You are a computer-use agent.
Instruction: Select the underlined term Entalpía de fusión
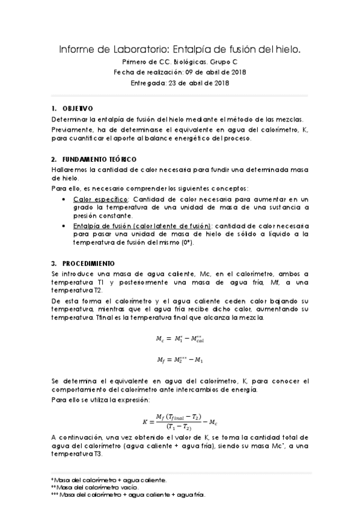tap(101, 225)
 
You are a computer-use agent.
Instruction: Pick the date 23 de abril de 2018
tap(199, 83)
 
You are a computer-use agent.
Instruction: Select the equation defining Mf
tap(180, 361)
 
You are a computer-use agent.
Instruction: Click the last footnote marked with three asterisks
tap(128, 496)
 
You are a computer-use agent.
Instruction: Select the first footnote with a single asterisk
tap(109, 480)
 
